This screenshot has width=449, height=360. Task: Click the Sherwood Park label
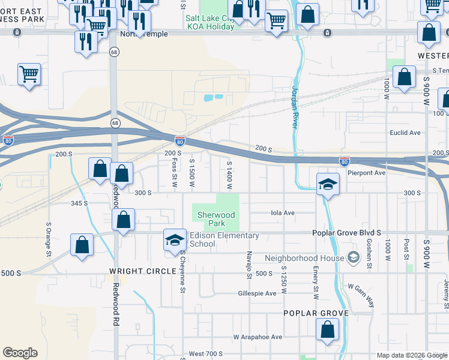pos(213,218)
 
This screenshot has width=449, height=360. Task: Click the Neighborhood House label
pos(305,258)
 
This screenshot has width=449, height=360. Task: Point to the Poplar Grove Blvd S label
pos(347,233)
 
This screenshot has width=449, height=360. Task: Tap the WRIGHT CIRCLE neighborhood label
pos(143,271)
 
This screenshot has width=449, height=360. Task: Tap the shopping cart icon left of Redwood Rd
pos(29,74)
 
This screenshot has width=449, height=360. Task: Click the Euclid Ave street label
pos(405,133)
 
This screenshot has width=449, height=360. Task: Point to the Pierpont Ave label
pos(367,173)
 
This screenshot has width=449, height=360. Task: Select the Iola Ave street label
pos(283,212)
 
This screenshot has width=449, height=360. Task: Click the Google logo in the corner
pos(20,353)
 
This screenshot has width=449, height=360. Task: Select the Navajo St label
pos(249,265)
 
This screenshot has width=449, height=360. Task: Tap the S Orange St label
pos(49,237)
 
